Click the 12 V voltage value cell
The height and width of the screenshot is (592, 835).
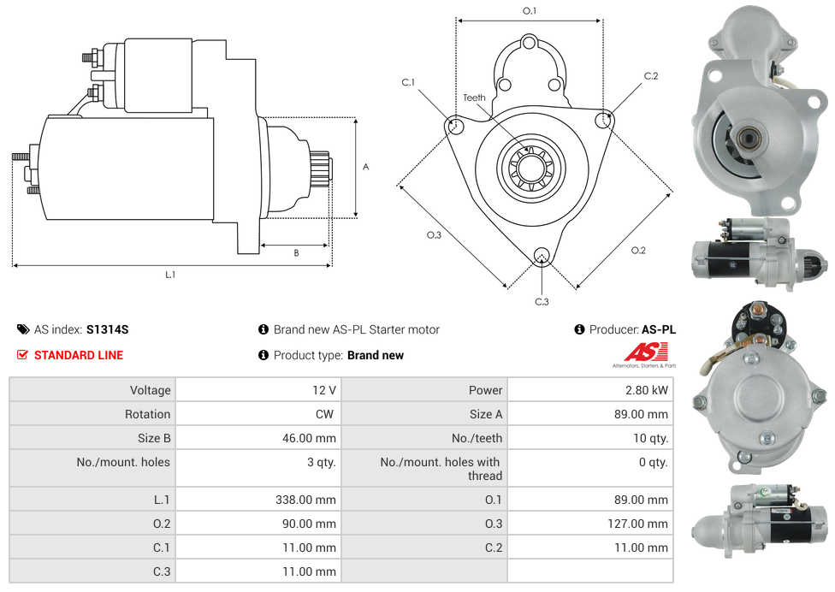pyautogui.click(x=323, y=390)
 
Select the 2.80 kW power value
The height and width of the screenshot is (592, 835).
pyautogui.click(x=647, y=390)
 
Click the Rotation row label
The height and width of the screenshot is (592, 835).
pyautogui.click(x=147, y=414)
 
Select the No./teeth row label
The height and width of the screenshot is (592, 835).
pyautogui.click(x=477, y=438)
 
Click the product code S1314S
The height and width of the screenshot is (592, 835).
pyautogui.click(x=107, y=329)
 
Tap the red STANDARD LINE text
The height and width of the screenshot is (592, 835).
pyautogui.click(x=78, y=355)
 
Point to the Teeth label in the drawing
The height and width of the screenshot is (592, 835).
pyautogui.click(x=474, y=98)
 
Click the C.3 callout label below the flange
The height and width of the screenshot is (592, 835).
pyautogui.click(x=542, y=301)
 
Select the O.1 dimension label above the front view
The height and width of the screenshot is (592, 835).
pyautogui.click(x=530, y=11)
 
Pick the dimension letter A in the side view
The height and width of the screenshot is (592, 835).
pyautogui.click(x=366, y=167)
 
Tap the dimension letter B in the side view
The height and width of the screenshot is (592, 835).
pyautogui.click(x=296, y=252)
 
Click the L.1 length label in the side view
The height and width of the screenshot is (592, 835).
pyautogui.click(x=170, y=275)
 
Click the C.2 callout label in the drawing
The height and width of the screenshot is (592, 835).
pyautogui.click(x=651, y=76)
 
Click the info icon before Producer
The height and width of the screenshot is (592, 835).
pyautogui.click(x=579, y=329)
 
